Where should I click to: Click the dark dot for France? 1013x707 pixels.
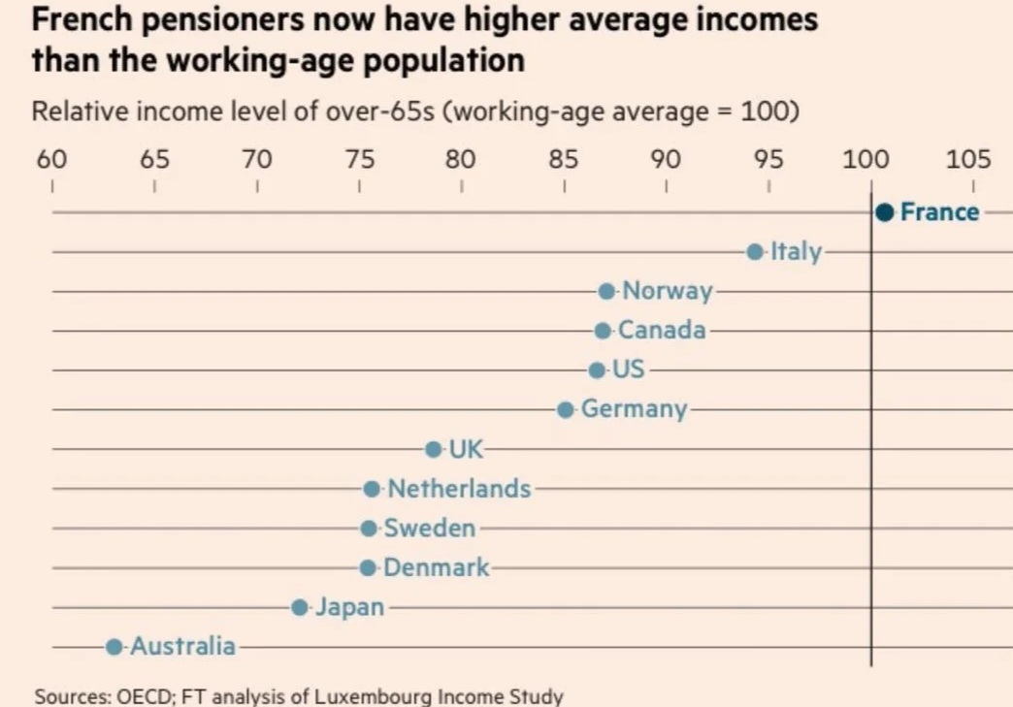(x=884, y=212)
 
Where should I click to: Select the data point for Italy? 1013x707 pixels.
(x=755, y=251)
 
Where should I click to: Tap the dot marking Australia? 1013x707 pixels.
(x=114, y=646)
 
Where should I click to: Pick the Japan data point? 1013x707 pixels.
(x=300, y=607)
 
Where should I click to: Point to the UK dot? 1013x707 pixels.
(x=433, y=449)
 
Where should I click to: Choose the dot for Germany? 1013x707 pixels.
(x=566, y=409)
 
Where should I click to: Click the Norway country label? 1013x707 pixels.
(x=667, y=291)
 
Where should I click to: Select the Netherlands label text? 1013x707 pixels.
(x=459, y=489)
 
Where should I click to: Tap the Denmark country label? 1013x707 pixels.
(x=437, y=567)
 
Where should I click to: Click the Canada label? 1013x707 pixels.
(x=662, y=331)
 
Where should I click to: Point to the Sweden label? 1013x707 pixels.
(x=430, y=529)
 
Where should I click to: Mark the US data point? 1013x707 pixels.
(x=597, y=370)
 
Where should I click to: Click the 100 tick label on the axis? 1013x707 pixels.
(x=860, y=159)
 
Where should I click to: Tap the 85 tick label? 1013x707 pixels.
(x=563, y=159)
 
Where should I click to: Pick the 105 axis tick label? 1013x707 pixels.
(x=968, y=159)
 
